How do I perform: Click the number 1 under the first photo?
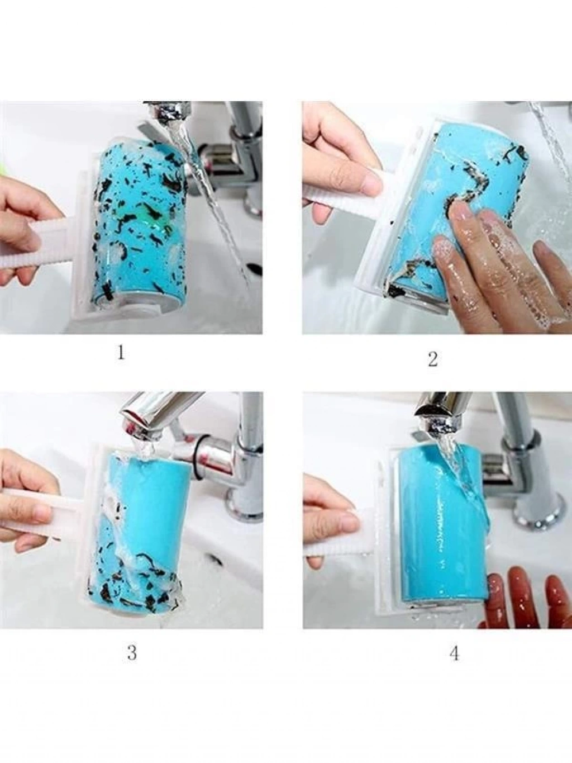tap(121, 353)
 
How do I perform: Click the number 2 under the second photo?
tap(432, 359)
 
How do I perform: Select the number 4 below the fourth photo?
tap(454, 643)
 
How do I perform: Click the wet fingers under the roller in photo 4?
tap(528, 591)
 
